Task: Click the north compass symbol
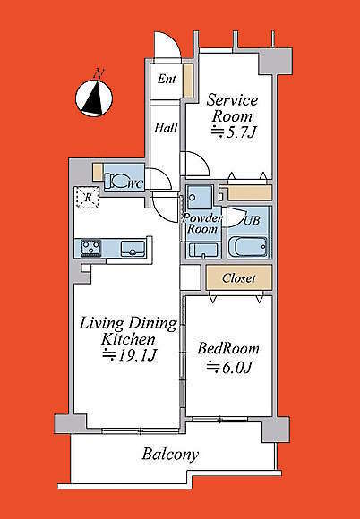pyautogui.click(x=94, y=98)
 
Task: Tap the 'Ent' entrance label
pyautogui.click(x=167, y=79)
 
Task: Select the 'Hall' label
pyautogui.click(x=166, y=128)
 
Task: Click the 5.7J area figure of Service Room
pyautogui.click(x=234, y=132)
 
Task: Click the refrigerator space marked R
pyautogui.click(x=88, y=198)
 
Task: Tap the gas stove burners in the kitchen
pyautogui.click(x=91, y=248)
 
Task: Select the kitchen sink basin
pyautogui.click(x=133, y=248)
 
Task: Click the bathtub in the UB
pyautogui.click(x=248, y=247)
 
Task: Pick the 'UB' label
pyautogui.click(x=252, y=220)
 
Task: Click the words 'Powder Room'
pyautogui.click(x=202, y=224)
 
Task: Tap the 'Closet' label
pyautogui.click(x=239, y=278)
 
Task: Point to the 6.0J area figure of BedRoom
pyautogui.click(x=230, y=367)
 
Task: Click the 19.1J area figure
pyautogui.click(x=129, y=356)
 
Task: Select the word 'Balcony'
pyautogui.click(x=170, y=455)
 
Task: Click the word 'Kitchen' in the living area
pyautogui.click(x=128, y=339)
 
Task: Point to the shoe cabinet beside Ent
pyautogui.click(x=188, y=81)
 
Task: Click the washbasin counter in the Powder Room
pyautogui.click(x=203, y=251)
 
